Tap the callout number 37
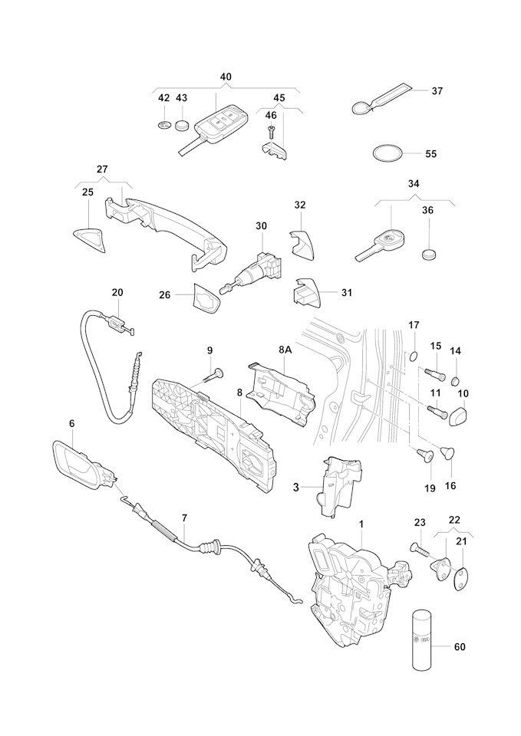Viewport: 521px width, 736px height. [437, 90]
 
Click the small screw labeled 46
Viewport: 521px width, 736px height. [271, 131]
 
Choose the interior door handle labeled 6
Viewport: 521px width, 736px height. [81, 465]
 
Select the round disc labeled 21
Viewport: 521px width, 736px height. [460, 577]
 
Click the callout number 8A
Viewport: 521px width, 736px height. [285, 350]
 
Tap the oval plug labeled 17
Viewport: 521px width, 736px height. [411, 355]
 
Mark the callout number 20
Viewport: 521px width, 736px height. [117, 292]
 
